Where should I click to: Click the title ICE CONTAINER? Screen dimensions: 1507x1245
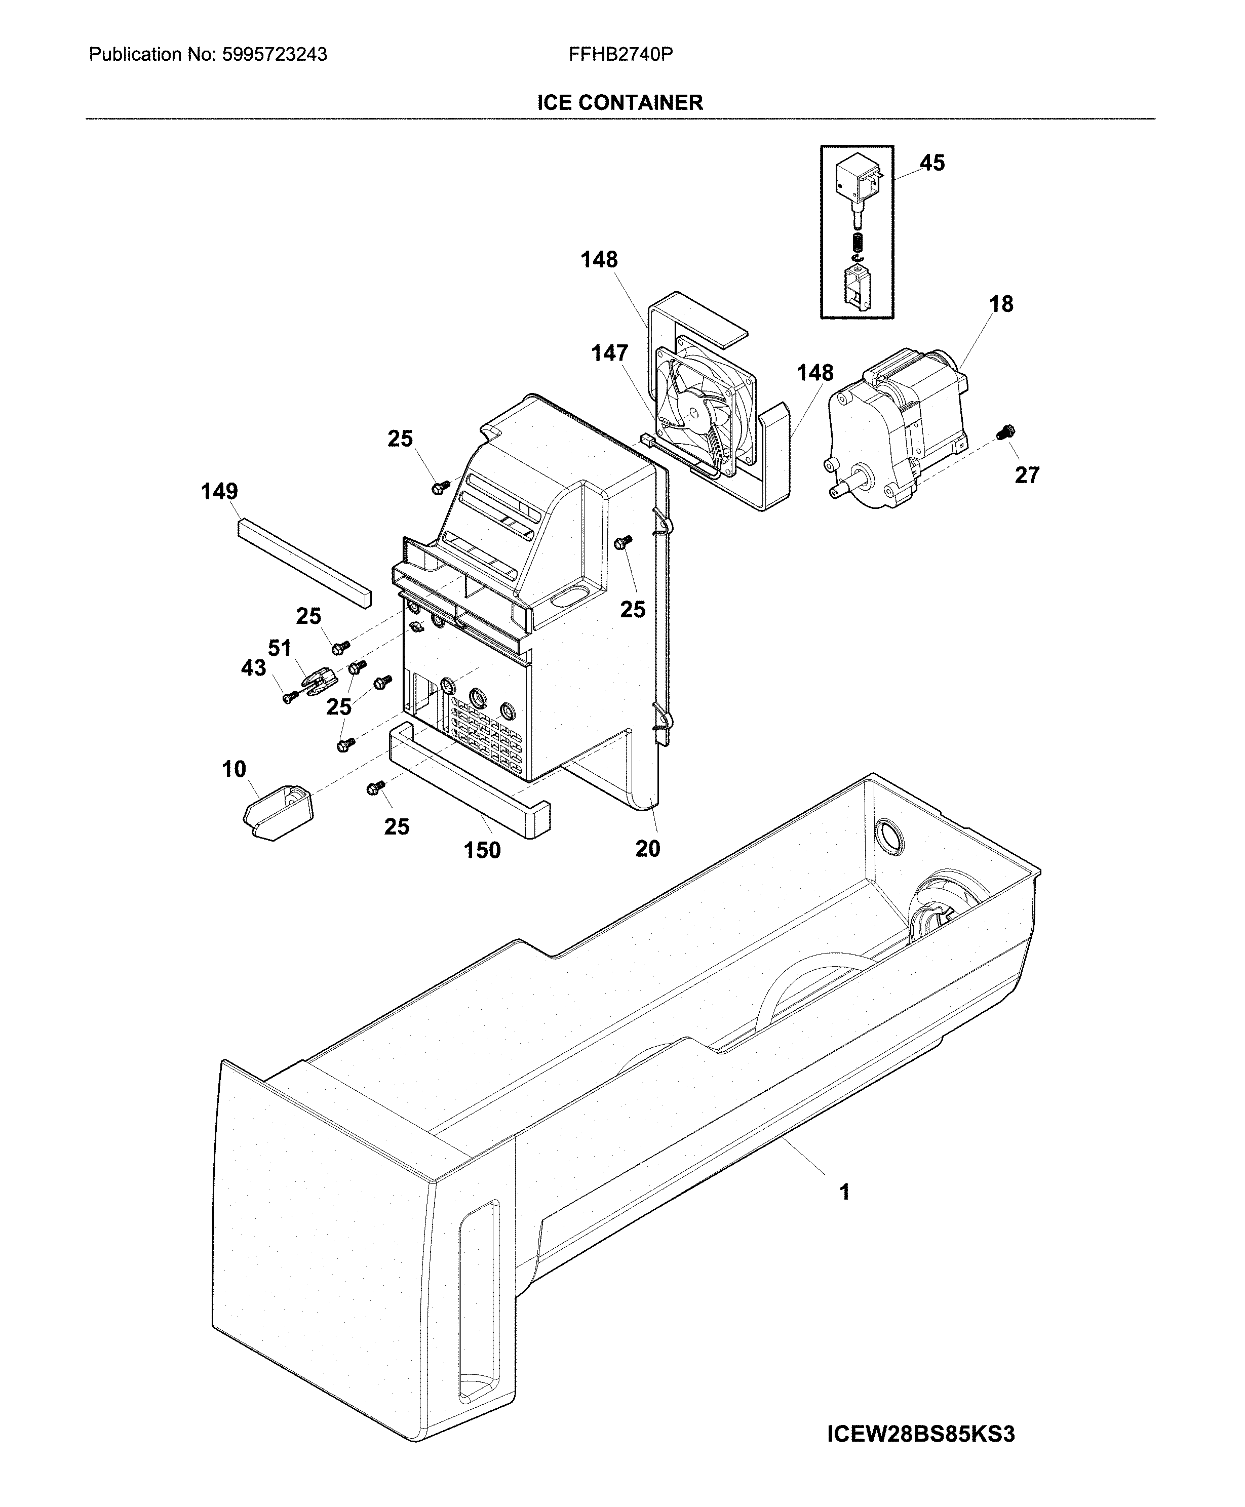point(620,102)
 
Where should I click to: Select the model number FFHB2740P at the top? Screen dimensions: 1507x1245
point(620,55)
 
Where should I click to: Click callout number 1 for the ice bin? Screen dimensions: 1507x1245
point(844,1192)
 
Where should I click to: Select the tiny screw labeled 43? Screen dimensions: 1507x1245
point(289,697)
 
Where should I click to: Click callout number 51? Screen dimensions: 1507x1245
point(279,648)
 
